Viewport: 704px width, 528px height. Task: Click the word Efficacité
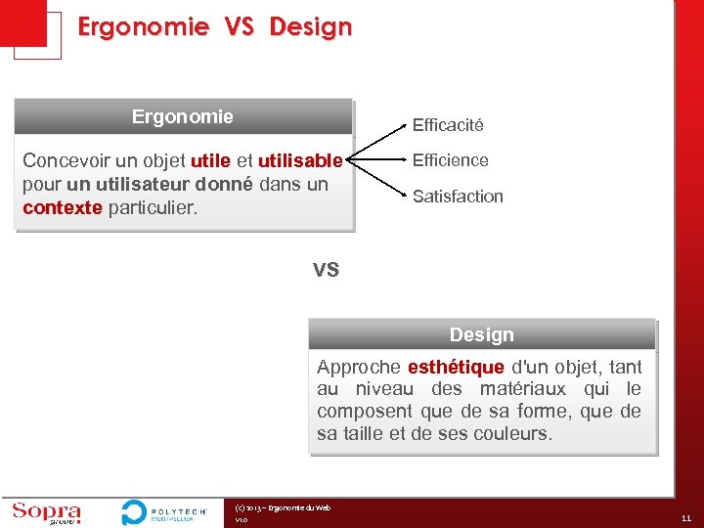(x=447, y=125)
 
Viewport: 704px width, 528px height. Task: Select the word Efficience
(x=450, y=159)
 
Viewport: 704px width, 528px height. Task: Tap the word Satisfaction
(x=458, y=197)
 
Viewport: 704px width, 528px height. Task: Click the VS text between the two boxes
(x=326, y=269)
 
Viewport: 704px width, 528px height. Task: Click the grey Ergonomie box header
(x=183, y=117)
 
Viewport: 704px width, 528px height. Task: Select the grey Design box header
(x=481, y=335)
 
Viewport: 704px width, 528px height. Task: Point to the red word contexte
(x=62, y=208)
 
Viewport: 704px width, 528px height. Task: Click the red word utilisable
(x=300, y=160)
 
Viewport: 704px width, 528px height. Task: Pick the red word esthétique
(x=456, y=368)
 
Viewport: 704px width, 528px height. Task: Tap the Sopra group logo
(x=46, y=512)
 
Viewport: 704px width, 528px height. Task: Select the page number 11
(x=685, y=519)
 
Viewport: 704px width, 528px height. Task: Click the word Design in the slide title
(x=310, y=27)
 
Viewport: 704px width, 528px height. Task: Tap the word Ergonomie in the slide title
(x=143, y=27)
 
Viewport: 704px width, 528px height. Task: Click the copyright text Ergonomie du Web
(x=284, y=507)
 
